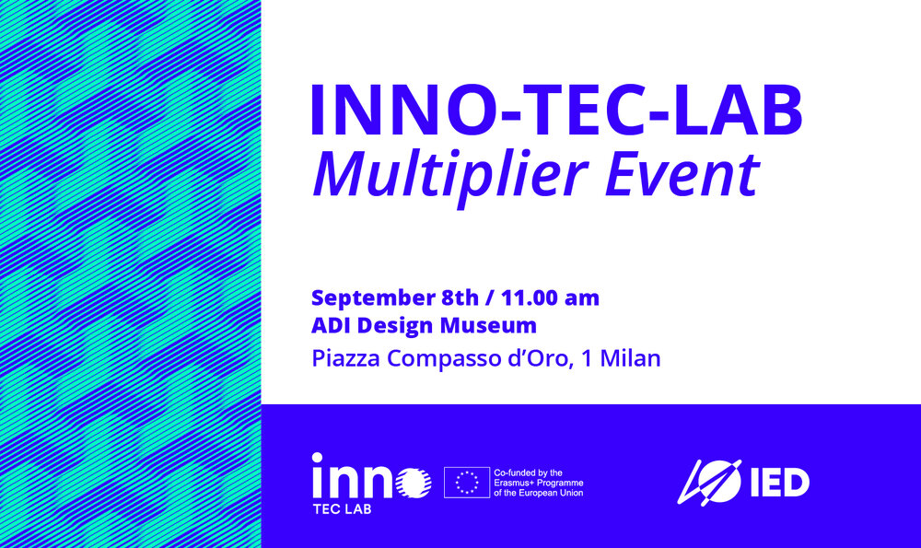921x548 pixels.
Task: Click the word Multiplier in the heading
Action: [x=449, y=176]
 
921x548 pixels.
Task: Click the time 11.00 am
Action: [x=550, y=297]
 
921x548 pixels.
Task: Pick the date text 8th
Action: [x=460, y=297]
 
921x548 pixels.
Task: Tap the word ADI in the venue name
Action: [x=332, y=325]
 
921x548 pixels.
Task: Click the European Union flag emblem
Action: [x=467, y=483]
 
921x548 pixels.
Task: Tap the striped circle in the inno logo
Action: [x=414, y=483]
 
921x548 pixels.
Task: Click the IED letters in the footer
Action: [x=780, y=483]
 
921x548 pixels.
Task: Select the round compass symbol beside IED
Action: [x=709, y=483]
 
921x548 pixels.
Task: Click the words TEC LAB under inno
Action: [x=343, y=510]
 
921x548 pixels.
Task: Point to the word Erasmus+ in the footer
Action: [x=513, y=483]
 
